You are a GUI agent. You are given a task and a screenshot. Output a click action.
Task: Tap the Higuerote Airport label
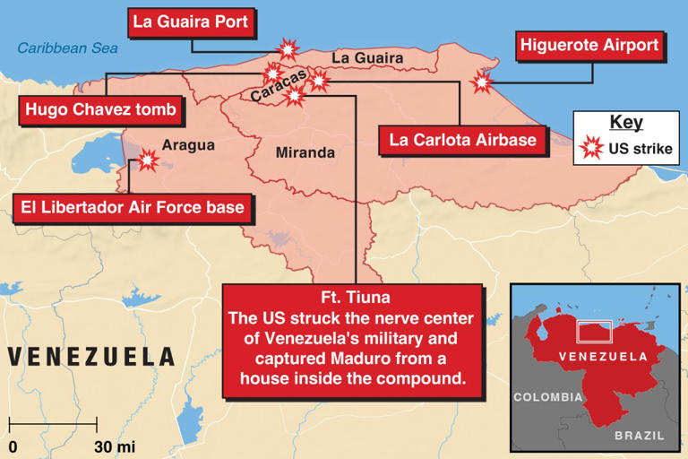tap(589, 45)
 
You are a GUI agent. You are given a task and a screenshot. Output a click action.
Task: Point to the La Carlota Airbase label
tap(462, 139)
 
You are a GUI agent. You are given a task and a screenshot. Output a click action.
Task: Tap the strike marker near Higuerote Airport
tap(482, 83)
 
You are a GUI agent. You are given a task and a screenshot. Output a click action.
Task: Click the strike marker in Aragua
tap(145, 160)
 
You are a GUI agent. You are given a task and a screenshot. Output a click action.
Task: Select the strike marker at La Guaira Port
tap(288, 48)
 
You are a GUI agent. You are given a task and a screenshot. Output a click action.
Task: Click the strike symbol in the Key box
tap(591, 149)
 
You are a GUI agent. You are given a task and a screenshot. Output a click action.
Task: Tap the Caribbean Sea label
tap(68, 48)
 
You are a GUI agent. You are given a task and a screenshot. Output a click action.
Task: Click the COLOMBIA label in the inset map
tap(547, 396)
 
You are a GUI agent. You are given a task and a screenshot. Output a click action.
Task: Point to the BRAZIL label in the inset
tap(640, 436)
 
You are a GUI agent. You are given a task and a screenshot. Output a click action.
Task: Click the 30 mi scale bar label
tap(114, 446)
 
